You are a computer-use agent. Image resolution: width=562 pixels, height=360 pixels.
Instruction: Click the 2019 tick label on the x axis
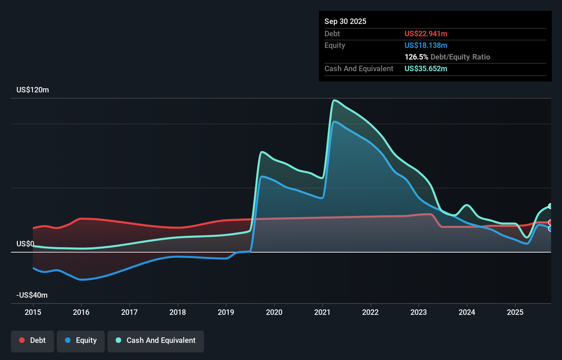(x=226, y=312)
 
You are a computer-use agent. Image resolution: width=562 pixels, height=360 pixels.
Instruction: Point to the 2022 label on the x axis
(x=370, y=312)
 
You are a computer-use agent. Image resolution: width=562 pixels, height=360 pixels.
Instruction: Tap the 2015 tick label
(x=33, y=312)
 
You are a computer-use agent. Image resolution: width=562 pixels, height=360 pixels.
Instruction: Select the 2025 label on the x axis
(x=515, y=312)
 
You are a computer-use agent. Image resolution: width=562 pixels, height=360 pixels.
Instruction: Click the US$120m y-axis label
(x=33, y=90)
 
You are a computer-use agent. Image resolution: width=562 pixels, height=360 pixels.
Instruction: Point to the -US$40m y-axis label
(x=32, y=295)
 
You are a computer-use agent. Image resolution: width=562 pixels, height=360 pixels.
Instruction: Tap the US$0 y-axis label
(x=25, y=244)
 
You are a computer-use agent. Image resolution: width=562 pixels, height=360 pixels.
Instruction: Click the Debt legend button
(x=33, y=340)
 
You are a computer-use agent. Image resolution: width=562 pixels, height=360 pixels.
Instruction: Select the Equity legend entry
(x=81, y=340)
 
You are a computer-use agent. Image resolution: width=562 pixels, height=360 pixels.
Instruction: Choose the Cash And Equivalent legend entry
(x=156, y=340)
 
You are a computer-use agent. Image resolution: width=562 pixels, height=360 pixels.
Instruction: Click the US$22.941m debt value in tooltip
(x=426, y=34)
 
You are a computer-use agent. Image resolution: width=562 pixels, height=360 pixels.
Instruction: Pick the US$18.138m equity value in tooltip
(x=426, y=46)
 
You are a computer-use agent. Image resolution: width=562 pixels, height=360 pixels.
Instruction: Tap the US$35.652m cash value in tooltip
(x=426, y=69)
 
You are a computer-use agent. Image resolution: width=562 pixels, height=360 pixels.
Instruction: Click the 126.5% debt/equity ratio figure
(x=416, y=57)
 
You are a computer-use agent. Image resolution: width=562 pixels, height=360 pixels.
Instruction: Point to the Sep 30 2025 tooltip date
(x=345, y=22)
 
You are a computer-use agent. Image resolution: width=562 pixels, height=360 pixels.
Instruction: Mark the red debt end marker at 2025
(x=550, y=222)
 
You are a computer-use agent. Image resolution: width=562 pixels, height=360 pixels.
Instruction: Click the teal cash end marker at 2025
(x=550, y=206)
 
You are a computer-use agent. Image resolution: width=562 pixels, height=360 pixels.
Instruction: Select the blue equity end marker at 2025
(x=550, y=229)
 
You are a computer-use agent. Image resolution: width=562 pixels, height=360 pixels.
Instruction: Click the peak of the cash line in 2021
(x=334, y=100)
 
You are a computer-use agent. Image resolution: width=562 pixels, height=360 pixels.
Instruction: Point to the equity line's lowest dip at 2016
(x=82, y=280)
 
